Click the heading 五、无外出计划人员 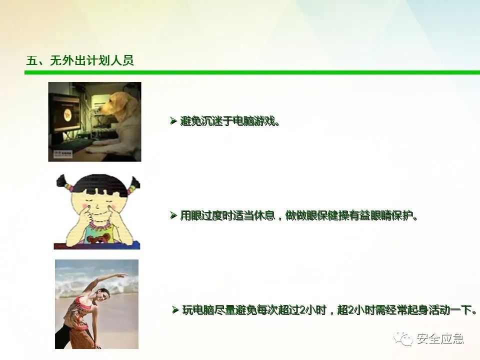click(80, 60)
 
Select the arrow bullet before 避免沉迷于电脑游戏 click(173, 121)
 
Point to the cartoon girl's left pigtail click(65, 183)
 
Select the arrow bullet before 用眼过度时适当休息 click(173, 215)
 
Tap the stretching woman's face click(103, 296)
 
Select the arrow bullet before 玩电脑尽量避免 click(175, 310)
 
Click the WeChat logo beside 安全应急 click(403, 338)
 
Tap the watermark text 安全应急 click(440, 338)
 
